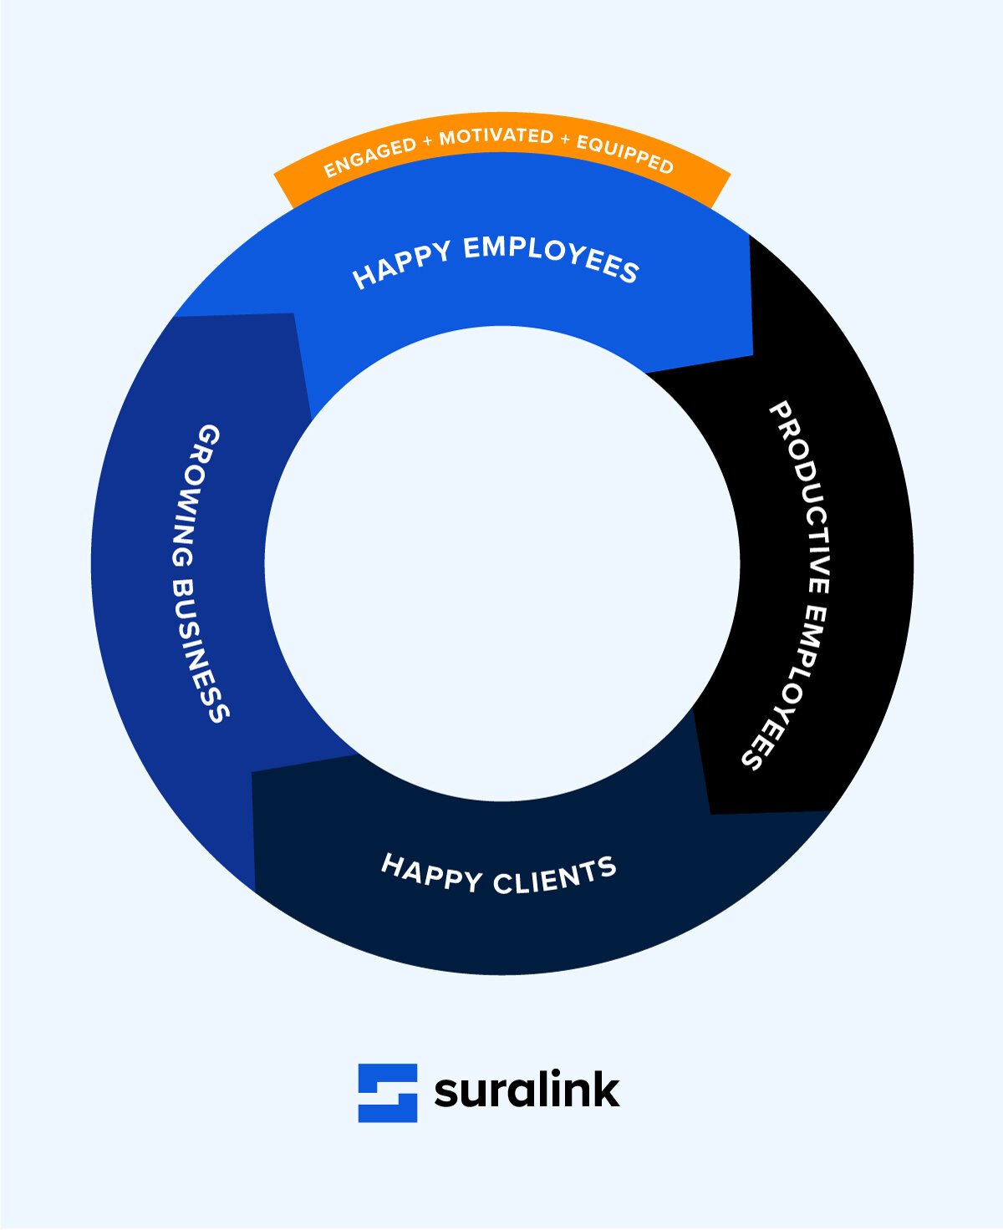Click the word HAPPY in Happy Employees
[x=400, y=264]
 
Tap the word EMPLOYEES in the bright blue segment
[x=551, y=257]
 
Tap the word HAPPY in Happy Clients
[x=431, y=872]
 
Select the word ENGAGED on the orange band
[x=369, y=157]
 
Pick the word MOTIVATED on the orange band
[x=496, y=136]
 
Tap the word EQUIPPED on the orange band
[x=624, y=155]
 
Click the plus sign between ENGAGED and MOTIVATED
[x=427, y=142]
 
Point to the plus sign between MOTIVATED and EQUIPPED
[x=565, y=140]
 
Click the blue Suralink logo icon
[x=388, y=1092]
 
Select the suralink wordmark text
[x=527, y=1090]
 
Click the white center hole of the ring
[x=501, y=564]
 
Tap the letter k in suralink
[x=604, y=1089]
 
